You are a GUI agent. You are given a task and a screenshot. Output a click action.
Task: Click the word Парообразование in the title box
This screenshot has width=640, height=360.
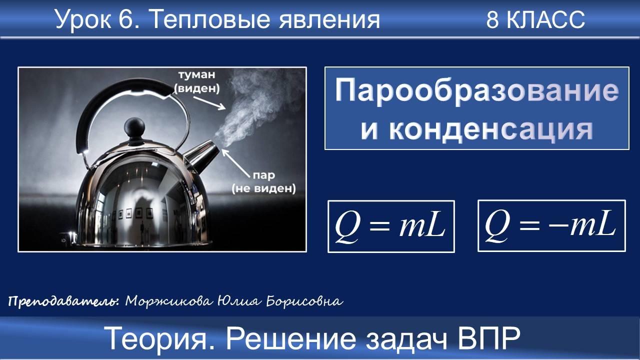pos(476,91)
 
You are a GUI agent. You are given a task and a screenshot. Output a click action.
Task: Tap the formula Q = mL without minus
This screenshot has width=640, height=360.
pos(390,226)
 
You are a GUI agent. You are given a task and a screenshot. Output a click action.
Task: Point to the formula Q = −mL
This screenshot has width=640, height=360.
pos(551,225)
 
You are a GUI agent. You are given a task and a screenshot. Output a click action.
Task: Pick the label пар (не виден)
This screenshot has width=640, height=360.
pos(263,183)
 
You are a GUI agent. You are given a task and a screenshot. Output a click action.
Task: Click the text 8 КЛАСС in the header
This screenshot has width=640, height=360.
pos(535,20)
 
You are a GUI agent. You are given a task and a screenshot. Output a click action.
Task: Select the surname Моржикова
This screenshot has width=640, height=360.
pos(167,301)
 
